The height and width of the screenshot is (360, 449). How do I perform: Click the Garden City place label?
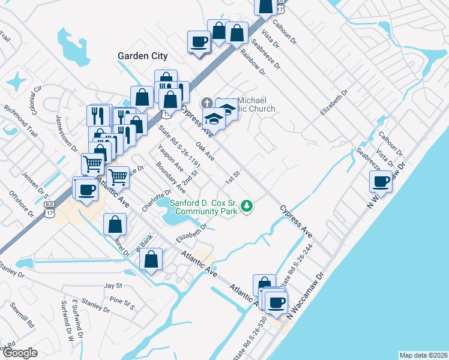(142, 56)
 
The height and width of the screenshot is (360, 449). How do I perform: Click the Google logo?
(20, 353)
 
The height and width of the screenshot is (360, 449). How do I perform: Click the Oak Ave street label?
(205, 151)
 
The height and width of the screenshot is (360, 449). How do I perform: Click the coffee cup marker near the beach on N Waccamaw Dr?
(381, 182)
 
